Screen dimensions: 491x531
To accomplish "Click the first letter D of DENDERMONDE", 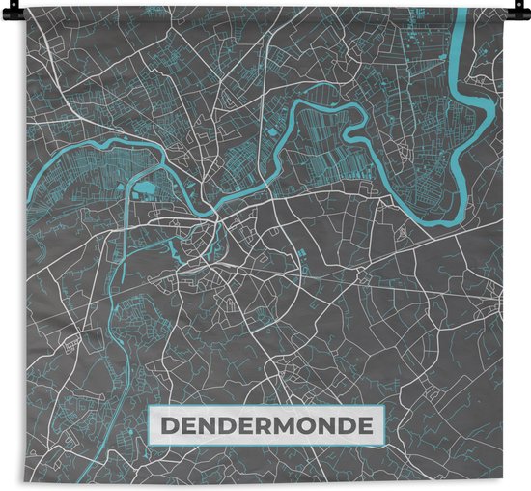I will pos(167,424).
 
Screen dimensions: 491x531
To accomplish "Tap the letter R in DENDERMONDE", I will pos(262,424).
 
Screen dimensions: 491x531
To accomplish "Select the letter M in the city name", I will pos(284,424).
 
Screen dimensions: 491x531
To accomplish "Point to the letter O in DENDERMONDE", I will pos(308,424).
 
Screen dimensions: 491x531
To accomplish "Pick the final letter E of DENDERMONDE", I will pos(367,424).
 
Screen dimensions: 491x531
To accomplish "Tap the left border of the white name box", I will pos(149,424).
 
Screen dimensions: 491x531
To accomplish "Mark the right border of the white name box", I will pos(384,424).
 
